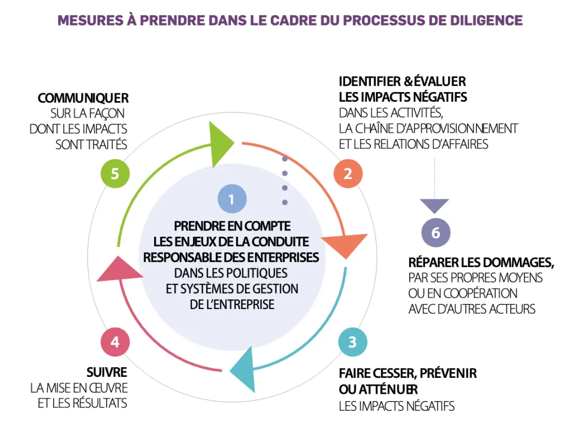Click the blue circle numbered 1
coord(231,199)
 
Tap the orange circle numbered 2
coord(348,173)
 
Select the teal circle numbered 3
coord(352,342)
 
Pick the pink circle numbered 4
coord(115,342)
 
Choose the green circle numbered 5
coord(115,173)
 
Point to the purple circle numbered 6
coord(436,233)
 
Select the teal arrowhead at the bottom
coord(243,368)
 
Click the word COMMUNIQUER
coord(83,98)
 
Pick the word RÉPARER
coord(433,263)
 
